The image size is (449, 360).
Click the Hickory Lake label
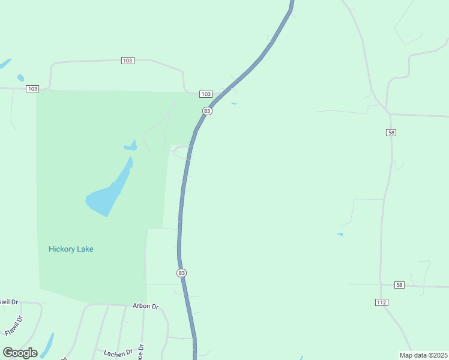(71, 249)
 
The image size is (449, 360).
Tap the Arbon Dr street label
(145, 306)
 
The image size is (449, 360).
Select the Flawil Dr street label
(13, 325)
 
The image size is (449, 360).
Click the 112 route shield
(382, 302)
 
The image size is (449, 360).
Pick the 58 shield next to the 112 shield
(400, 284)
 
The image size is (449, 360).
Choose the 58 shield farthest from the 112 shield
(391, 133)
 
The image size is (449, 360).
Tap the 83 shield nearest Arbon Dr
(182, 273)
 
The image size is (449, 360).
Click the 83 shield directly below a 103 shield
(207, 111)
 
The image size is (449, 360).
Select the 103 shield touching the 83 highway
(206, 94)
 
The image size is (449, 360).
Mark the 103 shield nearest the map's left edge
(32, 89)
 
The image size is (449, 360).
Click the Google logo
(20, 352)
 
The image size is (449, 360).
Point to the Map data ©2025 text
(423, 355)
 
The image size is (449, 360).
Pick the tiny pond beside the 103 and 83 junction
(234, 103)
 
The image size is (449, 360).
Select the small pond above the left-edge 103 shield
(21, 77)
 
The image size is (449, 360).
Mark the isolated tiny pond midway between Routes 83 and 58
(340, 234)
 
